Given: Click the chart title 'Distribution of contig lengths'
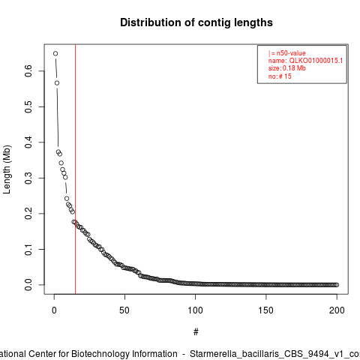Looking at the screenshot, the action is (x=196, y=22).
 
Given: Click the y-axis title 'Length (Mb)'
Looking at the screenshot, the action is (x=7, y=169).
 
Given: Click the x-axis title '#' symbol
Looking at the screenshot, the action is (x=196, y=332).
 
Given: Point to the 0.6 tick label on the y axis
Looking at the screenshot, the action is (x=28, y=71).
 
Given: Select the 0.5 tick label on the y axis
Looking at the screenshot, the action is (x=28, y=106).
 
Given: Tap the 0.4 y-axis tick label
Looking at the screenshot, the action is (x=28, y=142).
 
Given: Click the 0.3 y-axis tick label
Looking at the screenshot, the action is (x=28, y=178).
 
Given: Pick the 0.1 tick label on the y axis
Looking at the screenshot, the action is (x=28, y=249).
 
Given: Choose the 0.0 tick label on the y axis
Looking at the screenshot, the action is (x=28, y=285).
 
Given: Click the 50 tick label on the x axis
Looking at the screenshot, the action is (x=124, y=310).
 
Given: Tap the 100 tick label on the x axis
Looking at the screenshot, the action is (x=195, y=310).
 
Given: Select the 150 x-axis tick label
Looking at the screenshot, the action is (x=266, y=310).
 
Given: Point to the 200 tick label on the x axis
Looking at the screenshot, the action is (x=337, y=310).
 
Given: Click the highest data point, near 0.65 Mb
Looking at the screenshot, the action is (x=55, y=53).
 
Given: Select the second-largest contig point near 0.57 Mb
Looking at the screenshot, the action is (x=57, y=83).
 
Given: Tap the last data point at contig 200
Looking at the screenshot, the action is (x=337, y=285).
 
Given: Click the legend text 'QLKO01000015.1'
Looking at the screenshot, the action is (x=316, y=61).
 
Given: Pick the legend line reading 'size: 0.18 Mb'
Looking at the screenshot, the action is (x=287, y=68).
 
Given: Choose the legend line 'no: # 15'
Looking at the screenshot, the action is (x=280, y=76).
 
